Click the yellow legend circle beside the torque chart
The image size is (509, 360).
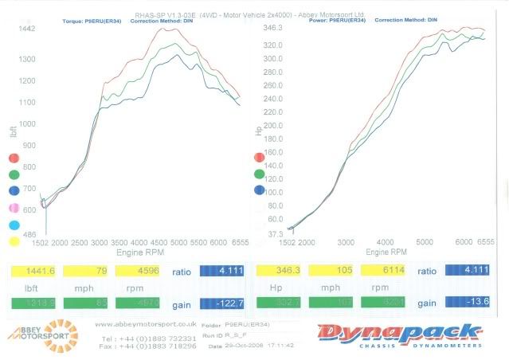click(x=14, y=241)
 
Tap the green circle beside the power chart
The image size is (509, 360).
click(x=260, y=174)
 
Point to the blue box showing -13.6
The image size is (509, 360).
click(x=468, y=303)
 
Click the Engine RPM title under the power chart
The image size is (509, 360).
click(x=386, y=252)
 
